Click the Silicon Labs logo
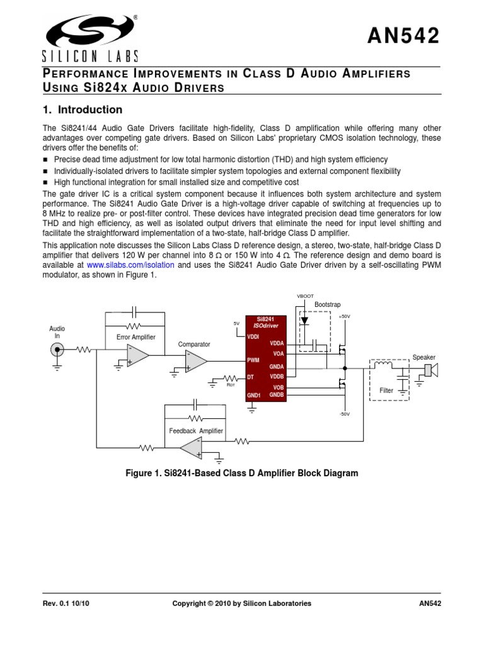(88, 35)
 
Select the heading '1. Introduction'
(82, 110)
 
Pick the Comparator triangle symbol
(196, 361)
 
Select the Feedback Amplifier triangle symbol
(190, 447)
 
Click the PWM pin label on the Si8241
(253, 361)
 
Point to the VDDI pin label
(253, 337)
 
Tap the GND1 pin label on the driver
(254, 395)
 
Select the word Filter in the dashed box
(386, 391)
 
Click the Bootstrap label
(327, 305)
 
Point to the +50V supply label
(344, 316)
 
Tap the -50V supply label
(344, 414)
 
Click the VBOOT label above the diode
(305, 295)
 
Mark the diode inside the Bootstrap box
(305, 320)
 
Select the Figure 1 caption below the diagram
(243, 473)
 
